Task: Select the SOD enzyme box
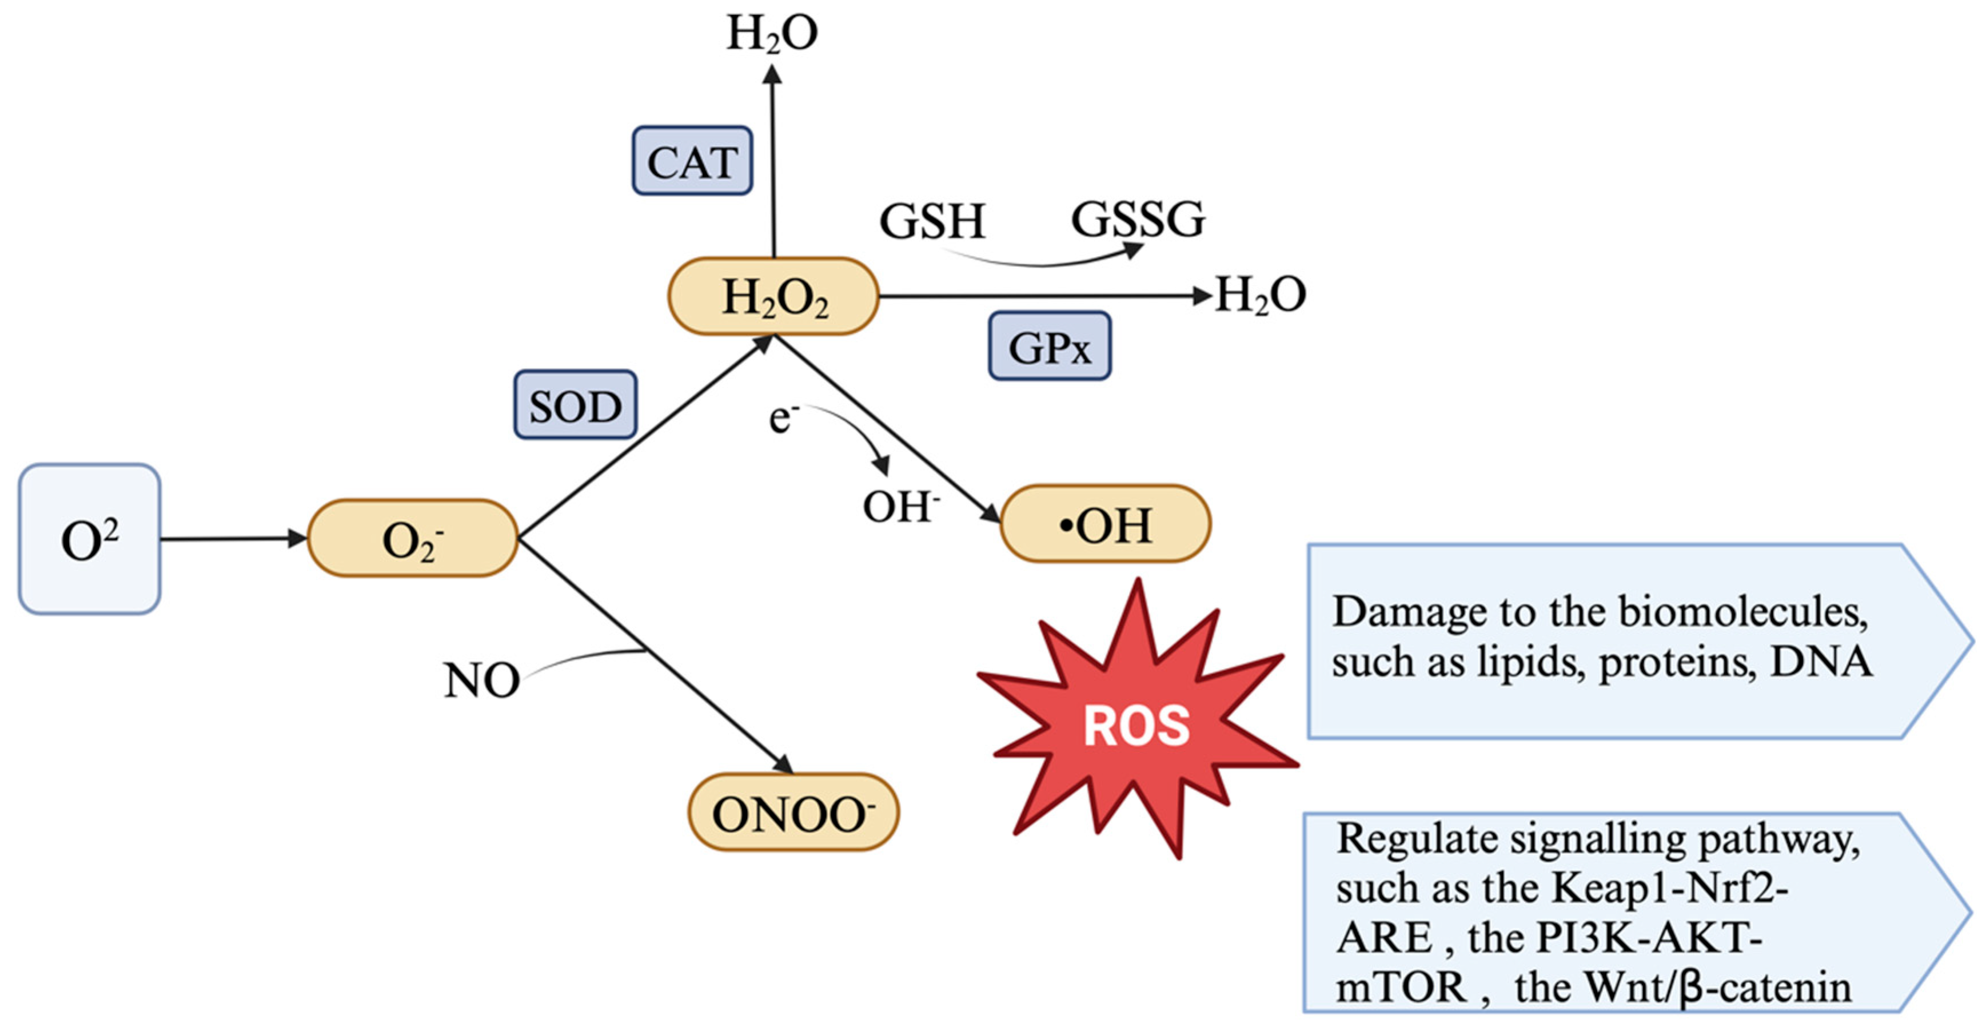(x=575, y=405)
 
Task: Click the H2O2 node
(x=773, y=297)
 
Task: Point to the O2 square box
(x=89, y=539)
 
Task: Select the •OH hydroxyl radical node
(x=1105, y=524)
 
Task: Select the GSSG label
(x=1137, y=219)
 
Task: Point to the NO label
(x=481, y=680)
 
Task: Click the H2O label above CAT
(x=772, y=34)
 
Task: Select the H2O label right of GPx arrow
(x=1260, y=295)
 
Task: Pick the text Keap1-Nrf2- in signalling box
(x=1669, y=889)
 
